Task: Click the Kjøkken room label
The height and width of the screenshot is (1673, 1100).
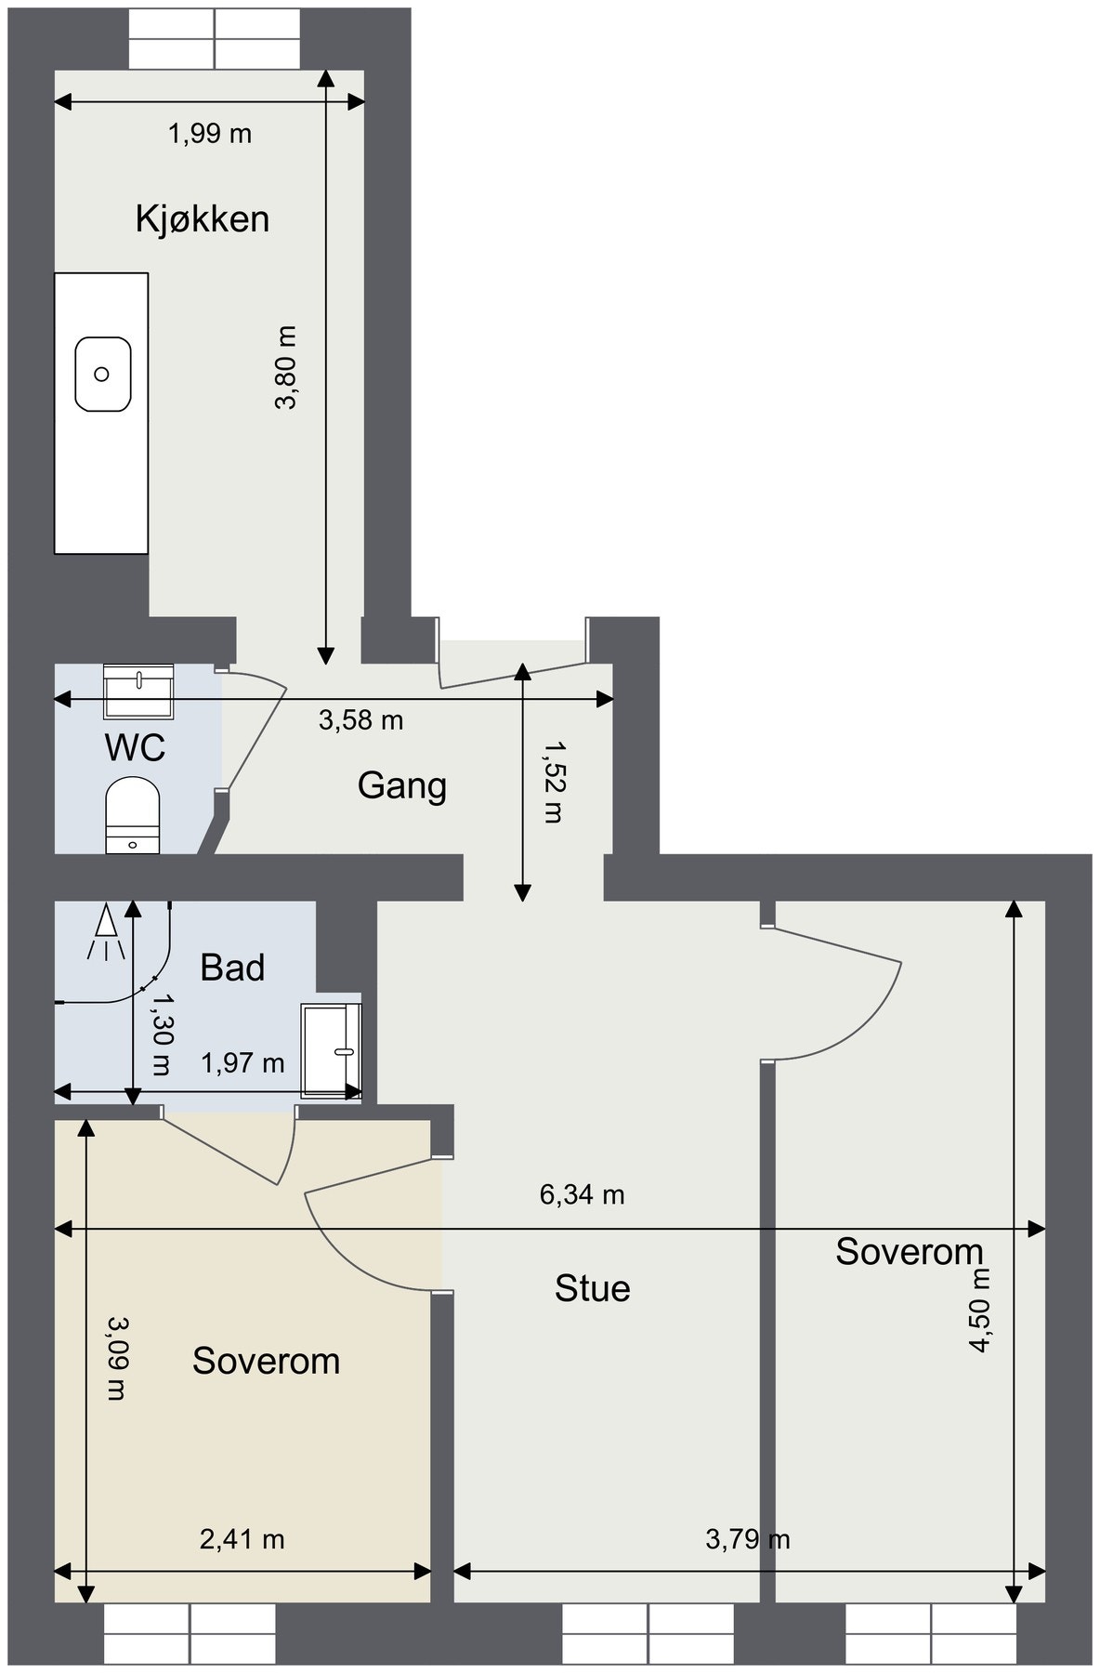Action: (x=203, y=220)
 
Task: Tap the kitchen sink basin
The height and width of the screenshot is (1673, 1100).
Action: (x=102, y=375)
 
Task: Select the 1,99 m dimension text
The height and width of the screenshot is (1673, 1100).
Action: (x=209, y=134)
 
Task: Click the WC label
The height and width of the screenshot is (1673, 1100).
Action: (x=135, y=748)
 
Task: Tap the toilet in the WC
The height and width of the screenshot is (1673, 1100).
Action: (x=133, y=814)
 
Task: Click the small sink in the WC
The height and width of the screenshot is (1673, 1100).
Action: (x=137, y=692)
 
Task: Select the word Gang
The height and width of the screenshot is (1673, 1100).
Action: (x=401, y=786)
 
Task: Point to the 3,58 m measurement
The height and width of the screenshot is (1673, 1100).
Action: (x=360, y=719)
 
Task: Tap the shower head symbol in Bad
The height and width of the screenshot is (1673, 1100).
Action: (x=107, y=930)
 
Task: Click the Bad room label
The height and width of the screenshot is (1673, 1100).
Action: (x=232, y=968)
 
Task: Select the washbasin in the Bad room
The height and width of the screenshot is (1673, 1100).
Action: (x=331, y=1051)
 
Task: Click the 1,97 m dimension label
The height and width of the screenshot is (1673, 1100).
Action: (x=242, y=1062)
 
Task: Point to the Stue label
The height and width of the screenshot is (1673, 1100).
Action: (x=592, y=1289)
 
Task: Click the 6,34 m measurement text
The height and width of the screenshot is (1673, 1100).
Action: (x=582, y=1194)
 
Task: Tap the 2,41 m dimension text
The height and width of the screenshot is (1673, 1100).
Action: (x=242, y=1539)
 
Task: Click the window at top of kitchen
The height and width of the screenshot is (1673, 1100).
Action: (x=215, y=39)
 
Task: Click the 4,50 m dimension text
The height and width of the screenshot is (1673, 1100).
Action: (x=979, y=1311)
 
